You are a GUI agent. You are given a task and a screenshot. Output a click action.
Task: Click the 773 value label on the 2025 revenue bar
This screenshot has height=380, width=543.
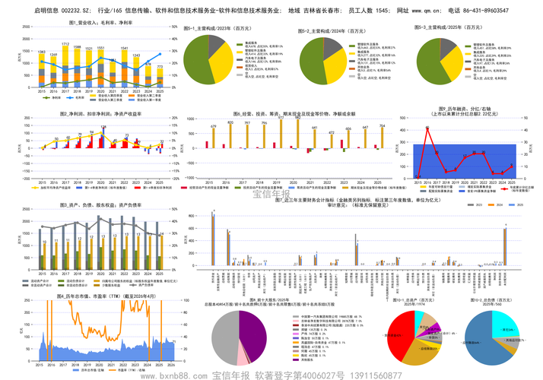click(x=160, y=67)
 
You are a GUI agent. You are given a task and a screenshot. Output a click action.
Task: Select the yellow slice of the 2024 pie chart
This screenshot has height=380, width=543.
click(x=332, y=65)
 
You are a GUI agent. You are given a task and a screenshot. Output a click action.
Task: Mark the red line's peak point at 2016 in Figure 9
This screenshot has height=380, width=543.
click(x=428, y=128)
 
